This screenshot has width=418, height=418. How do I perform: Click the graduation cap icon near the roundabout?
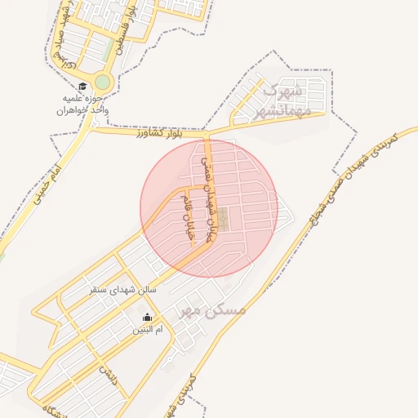click(x=82, y=87)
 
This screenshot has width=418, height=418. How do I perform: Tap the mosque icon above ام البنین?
click(x=147, y=318)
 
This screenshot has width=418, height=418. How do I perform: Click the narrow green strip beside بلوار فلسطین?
click(x=109, y=51)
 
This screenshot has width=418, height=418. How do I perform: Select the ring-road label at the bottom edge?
click(x=184, y=397)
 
